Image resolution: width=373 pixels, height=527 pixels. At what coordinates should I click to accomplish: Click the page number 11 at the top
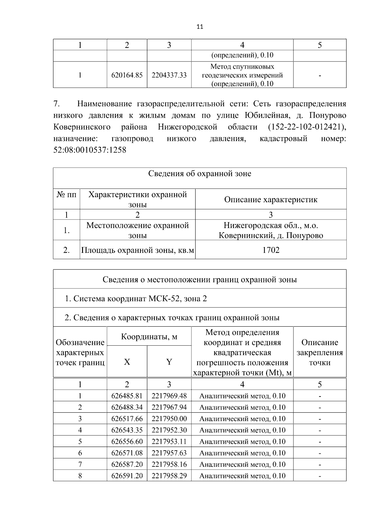(x=200, y=27)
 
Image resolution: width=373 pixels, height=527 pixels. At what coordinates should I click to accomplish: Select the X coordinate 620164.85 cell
(x=127, y=75)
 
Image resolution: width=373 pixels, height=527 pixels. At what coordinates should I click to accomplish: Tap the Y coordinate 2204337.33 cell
(x=169, y=75)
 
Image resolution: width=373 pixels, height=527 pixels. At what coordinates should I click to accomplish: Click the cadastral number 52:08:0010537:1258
(x=90, y=150)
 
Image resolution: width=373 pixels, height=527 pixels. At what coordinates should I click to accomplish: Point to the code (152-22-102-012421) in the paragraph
(x=306, y=127)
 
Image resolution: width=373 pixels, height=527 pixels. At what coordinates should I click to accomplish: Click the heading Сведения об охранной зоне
(x=200, y=174)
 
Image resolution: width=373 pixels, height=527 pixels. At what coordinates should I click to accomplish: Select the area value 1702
(x=271, y=250)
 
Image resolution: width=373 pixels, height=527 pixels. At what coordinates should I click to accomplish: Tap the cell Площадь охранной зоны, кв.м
(x=137, y=250)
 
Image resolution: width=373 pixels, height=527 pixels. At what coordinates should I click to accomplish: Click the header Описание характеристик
(x=271, y=199)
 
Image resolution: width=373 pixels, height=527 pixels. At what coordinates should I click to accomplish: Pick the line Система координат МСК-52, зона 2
(x=136, y=299)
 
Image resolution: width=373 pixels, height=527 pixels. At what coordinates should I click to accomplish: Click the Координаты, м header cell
(x=149, y=337)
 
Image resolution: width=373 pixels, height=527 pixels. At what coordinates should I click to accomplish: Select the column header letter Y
(x=169, y=362)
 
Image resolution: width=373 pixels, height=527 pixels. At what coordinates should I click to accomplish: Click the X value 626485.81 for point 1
(x=127, y=396)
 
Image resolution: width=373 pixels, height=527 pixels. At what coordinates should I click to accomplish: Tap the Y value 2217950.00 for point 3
(x=169, y=419)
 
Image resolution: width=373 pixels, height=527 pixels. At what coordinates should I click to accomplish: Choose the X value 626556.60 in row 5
(x=127, y=442)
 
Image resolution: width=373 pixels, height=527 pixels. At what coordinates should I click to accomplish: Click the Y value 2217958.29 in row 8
(x=169, y=476)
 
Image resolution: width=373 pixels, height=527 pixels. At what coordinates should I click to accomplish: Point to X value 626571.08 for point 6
(x=127, y=453)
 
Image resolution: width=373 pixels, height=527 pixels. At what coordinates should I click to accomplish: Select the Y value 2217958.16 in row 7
(x=169, y=464)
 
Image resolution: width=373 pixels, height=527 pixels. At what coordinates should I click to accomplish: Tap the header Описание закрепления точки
(x=320, y=352)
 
